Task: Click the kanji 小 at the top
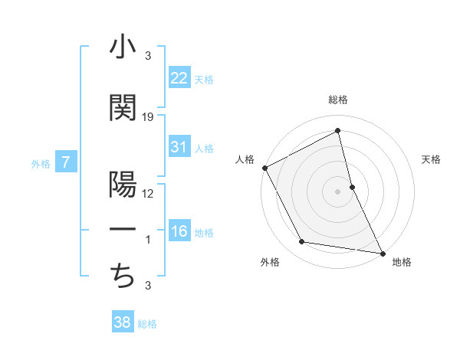pyautogui.click(x=123, y=48)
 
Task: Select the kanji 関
pyautogui.click(x=123, y=108)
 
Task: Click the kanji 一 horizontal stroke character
pyautogui.click(x=123, y=231)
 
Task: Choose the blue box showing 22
pyautogui.click(x=179, y=78)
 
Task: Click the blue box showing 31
pyautogui.click(x=179, y=147)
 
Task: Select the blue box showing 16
pyautogui.click(x=179, y=231)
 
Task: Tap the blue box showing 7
pyautogui.click(x=66, y=162)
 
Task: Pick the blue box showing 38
pyautogui.click(x=122, y=322)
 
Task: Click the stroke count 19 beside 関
pyautogui.click(x=148, y=116)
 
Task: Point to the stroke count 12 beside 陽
pyautogui.click(x=148, y=193)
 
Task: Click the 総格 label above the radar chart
pyautogui.click(x=338, y=100)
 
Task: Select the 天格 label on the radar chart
pyautogui.click(x=431, y=159)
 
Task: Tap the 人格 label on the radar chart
pyautogui.click(x=245, y=159)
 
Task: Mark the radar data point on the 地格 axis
pyautogui.click(x=382, y=253)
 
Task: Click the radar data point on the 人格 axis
pyautogui.click(x=264, y=168)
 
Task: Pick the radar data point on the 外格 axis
pyautogui.click(x=302, y=242)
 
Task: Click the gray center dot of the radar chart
pyautogui.click(x=337, y=191)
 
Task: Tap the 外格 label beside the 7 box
pyautogui.click(x=40, y=162)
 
